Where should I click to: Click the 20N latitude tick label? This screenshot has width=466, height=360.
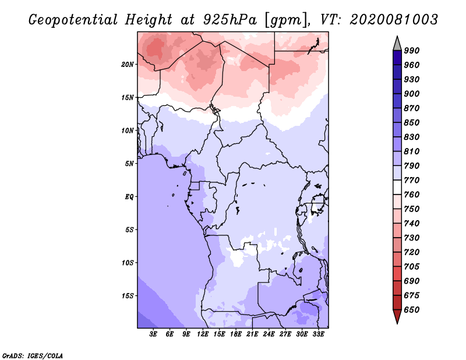click(128, 64)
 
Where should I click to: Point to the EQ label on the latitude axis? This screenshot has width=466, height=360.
click(129, 197)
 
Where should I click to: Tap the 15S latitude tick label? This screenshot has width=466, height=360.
click(128, 296)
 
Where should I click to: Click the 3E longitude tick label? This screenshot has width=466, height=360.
click(154, 334)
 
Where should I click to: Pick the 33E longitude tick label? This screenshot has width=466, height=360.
click(318, 334)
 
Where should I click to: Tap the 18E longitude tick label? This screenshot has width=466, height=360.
click(236, 334)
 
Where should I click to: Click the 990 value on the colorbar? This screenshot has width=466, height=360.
click(412, 51)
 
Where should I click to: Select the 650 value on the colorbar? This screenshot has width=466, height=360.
click(412, 310)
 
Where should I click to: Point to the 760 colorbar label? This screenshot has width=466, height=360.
click(412, 195)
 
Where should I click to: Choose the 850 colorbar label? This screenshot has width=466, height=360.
click(412, 123)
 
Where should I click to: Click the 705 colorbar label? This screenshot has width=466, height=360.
click(412, 267)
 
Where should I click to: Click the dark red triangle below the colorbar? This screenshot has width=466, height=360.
click(397, 317)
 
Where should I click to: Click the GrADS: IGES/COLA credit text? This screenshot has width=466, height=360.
click(33, 355)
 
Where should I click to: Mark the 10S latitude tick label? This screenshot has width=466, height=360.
click(128, 263)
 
